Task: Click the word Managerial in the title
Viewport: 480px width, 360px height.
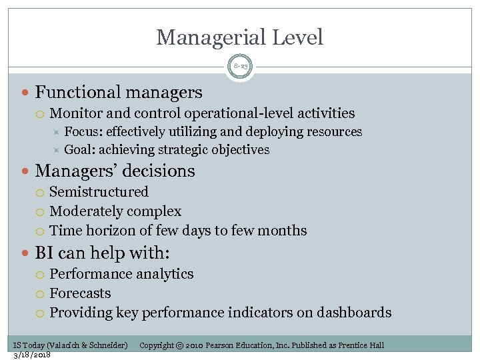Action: click(x=206, y=37)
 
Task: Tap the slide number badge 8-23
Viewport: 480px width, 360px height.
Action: click(x=240, y=67)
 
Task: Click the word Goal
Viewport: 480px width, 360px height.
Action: click(x=79, y=150)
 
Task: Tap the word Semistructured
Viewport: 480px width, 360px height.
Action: click(x=99, y=192)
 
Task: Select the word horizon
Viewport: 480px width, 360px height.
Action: click(x=110, y=231)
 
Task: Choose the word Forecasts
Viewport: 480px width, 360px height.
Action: click(x=81, y=293)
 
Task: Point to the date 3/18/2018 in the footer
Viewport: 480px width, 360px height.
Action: click(x=32, y=354)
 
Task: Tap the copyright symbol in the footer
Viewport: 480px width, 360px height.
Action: click(x=180, y=345)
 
